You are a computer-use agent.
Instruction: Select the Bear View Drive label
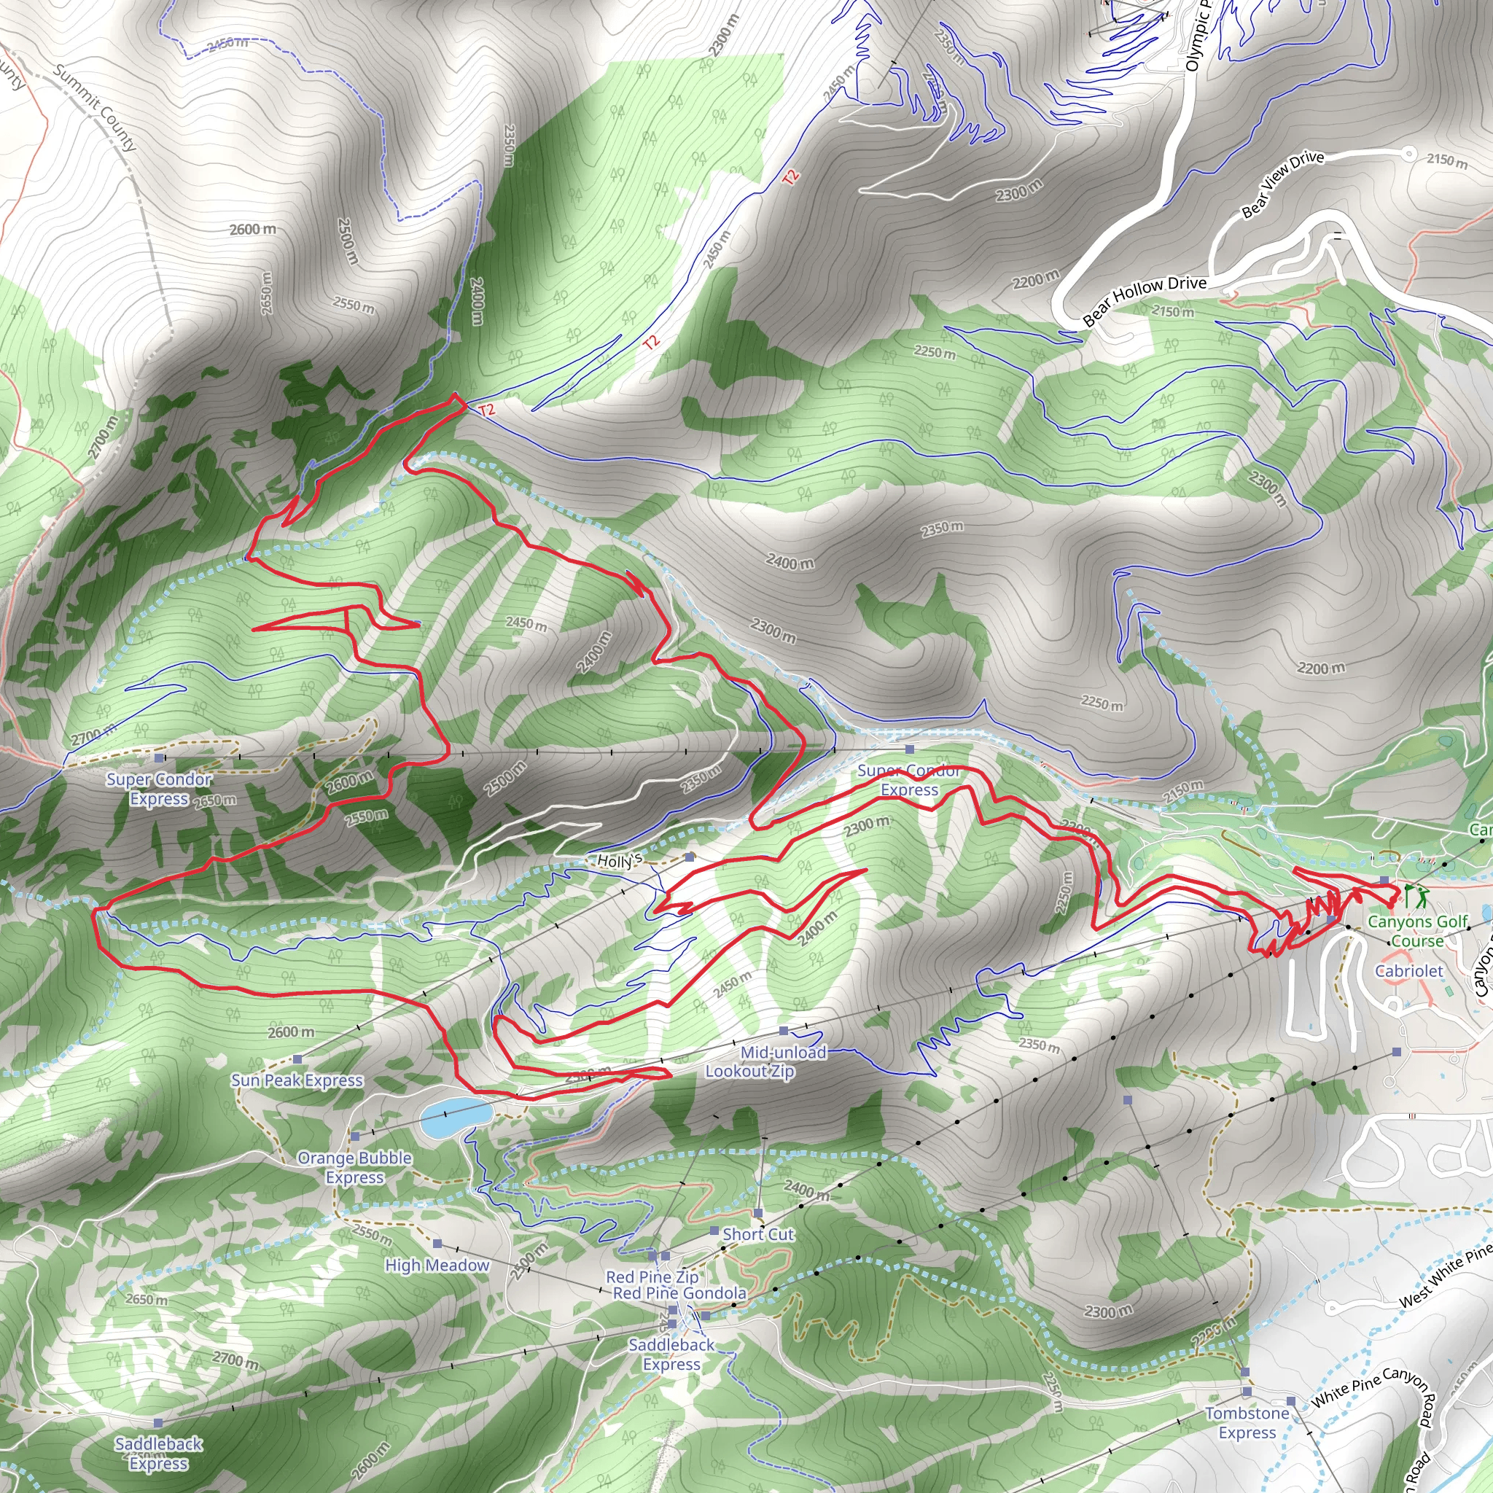point(1282,184)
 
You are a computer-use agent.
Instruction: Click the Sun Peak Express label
point(297,1080)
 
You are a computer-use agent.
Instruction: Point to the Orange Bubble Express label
point(355,1167)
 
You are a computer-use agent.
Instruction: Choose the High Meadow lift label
point(437,1265)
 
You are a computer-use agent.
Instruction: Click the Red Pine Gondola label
point(679,1293)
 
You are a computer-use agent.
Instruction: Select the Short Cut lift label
point(758,1234)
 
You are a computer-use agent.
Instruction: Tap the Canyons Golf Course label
point(1417,931)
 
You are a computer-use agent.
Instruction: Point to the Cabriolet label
point(1408,970)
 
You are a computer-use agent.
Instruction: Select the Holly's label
point(620,860)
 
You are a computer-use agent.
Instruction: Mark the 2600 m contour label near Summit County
point(253,230)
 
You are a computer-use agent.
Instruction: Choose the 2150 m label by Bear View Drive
point(1446,160)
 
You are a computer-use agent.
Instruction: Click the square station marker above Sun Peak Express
point(297,1059)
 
